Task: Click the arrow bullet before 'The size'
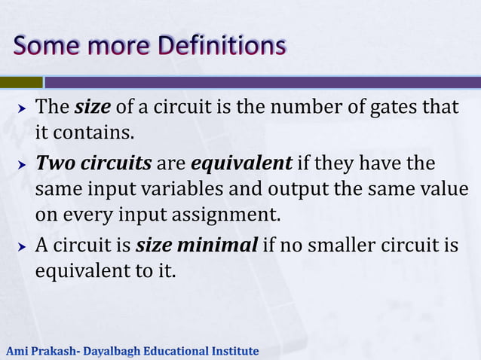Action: click(x=22, y=108)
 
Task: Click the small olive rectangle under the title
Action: click(x=21, y=81)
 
